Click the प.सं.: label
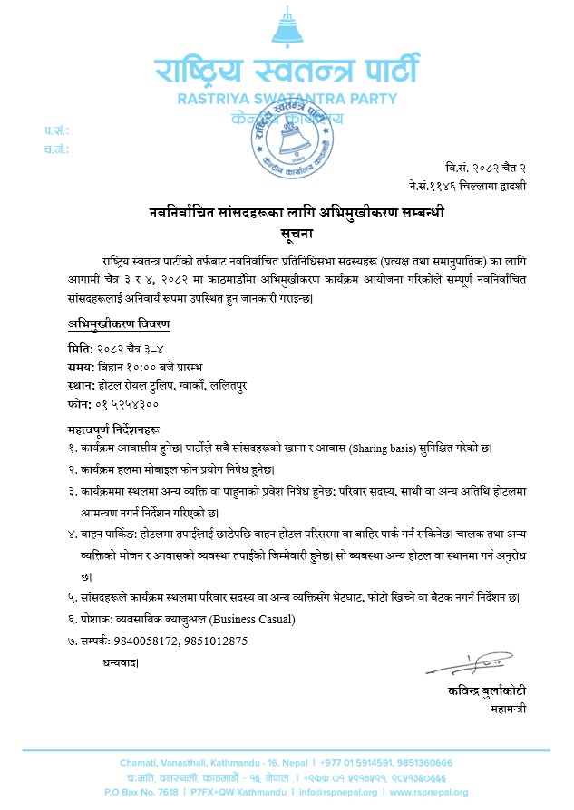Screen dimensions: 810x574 tap(55, 131)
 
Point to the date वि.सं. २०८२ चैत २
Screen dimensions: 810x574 tap(486, 169)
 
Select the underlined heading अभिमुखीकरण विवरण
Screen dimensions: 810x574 tap(118, 323)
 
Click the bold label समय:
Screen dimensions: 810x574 tap(82, 367)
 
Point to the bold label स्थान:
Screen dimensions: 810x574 tap(82, 385)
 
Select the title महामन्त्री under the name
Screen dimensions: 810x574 tap(505, 708)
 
